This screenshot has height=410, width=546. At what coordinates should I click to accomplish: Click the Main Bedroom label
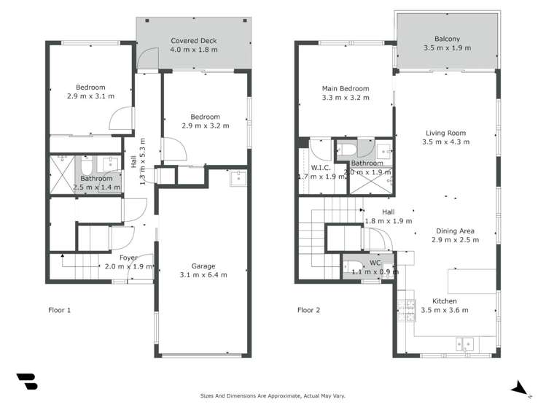(x=346, y=89)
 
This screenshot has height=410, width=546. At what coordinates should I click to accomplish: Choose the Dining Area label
(x=455, y=231)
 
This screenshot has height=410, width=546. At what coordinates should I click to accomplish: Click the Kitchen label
(x=445, y=301)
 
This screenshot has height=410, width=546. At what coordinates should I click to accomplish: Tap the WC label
(x=375, y=263)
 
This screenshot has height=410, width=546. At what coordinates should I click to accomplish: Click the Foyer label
(x=128, y=258)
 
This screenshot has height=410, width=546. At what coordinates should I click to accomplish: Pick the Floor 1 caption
(x=60, y=310)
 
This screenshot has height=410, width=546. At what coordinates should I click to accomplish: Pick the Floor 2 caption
(x=309, y=310)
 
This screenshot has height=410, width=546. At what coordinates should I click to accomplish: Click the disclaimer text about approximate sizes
(x=273, y=396)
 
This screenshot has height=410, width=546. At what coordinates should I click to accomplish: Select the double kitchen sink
(x=464, y=343)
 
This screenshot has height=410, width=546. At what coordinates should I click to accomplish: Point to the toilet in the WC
(x=352, y=266)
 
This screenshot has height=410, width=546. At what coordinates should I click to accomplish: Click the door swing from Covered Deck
(x=149, y=60)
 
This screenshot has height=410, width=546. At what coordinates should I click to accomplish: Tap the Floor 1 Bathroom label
(x=96, y=179)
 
